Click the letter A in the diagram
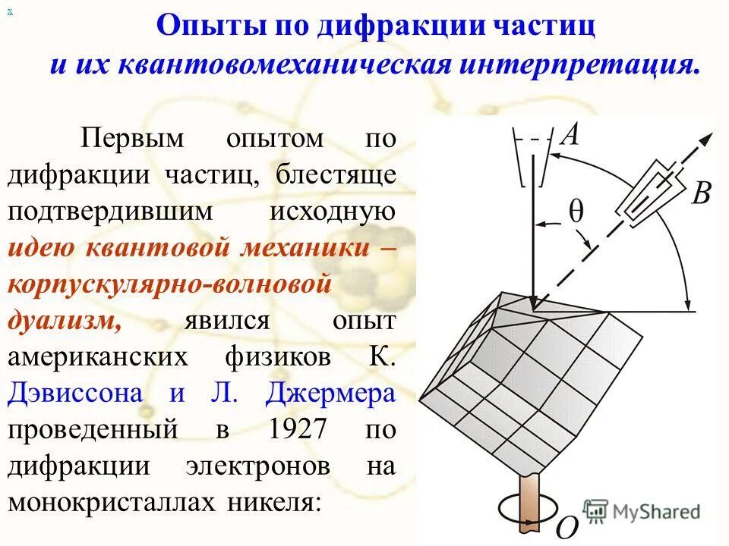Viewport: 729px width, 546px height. (x=570, y=136)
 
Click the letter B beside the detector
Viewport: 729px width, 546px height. (x=701, y=193)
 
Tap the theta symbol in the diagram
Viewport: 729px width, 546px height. (x=576, y=212)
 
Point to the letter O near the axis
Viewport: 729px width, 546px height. (x=567, y=526)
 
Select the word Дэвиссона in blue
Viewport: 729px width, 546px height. (x=75, y=394)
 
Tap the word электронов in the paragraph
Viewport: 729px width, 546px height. (x=257, y=466)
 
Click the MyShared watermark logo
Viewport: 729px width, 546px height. (x=641, y=511)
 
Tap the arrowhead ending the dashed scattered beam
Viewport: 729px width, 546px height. (x=705, y=140)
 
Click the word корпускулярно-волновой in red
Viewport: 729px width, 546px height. (x=170, y=284)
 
